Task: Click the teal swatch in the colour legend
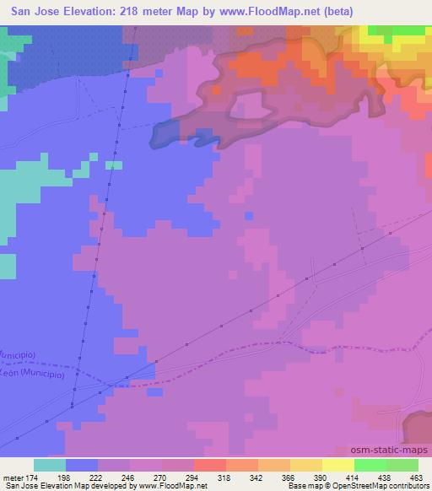50,465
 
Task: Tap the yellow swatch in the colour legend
338,465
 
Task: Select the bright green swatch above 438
370,465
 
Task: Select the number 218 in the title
138,11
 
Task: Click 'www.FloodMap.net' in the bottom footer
172,486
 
